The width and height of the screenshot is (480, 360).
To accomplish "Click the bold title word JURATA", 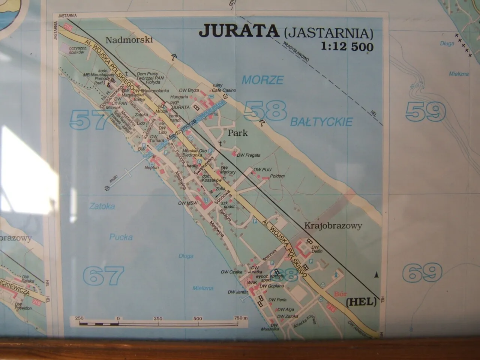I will pos(239,31).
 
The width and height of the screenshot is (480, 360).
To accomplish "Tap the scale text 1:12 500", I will pos(347,46).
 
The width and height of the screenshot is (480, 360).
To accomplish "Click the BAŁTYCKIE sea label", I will pos(321,122).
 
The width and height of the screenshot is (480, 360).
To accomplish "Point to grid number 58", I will pos(265,111).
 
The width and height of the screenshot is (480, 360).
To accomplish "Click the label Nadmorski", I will pos(129,40).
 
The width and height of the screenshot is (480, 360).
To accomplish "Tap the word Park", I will pos(238,133).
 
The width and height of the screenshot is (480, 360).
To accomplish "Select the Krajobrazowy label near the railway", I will pos(333,226).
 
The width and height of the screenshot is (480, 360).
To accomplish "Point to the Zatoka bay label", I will pos(102,206).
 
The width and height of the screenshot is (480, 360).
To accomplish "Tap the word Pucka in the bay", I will pos(121,237).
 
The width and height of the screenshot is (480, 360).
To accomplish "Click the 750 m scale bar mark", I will pos(241,318).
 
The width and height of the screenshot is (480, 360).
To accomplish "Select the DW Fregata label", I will pos(249,155).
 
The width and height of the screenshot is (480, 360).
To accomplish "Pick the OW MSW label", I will pos(187,203).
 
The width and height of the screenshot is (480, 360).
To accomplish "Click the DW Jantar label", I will pos(237,292).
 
